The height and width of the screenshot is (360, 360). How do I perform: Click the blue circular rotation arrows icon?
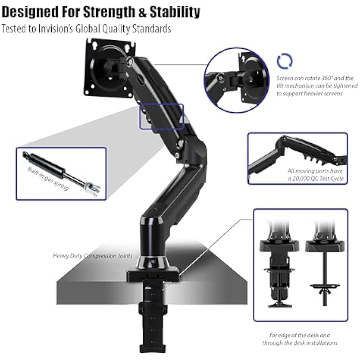coord(285,61)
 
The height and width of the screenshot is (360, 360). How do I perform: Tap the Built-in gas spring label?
coord(48,178)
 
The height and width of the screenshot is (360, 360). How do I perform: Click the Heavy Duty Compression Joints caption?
coord(93,255)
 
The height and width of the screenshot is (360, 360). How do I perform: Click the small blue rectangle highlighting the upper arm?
coord(161,117)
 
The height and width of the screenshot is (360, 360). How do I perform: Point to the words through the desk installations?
coord(299,343)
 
